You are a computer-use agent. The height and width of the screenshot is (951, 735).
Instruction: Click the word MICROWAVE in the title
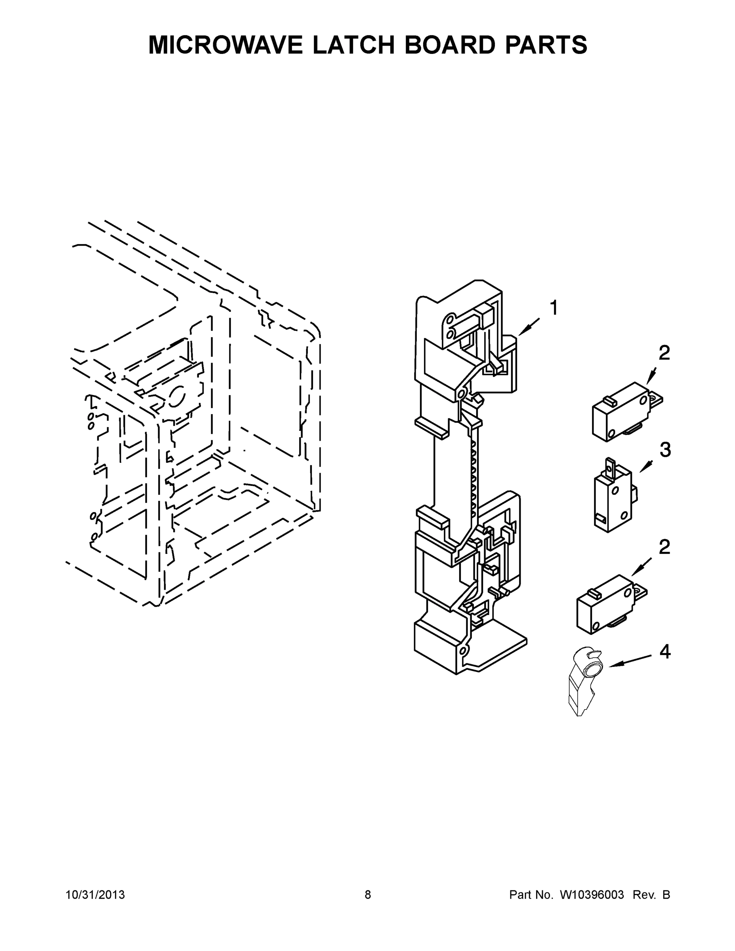tap(225, 45)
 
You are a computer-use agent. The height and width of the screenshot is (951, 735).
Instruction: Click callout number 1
tap(554, 308)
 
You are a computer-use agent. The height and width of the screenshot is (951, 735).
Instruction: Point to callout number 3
tap(665, 450)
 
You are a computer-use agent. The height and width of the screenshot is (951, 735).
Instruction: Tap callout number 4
tap(665, 652)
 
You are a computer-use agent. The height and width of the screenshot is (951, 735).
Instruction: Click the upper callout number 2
tap(664, 353)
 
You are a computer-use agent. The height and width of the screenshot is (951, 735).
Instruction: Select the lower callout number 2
tap(664, 547)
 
